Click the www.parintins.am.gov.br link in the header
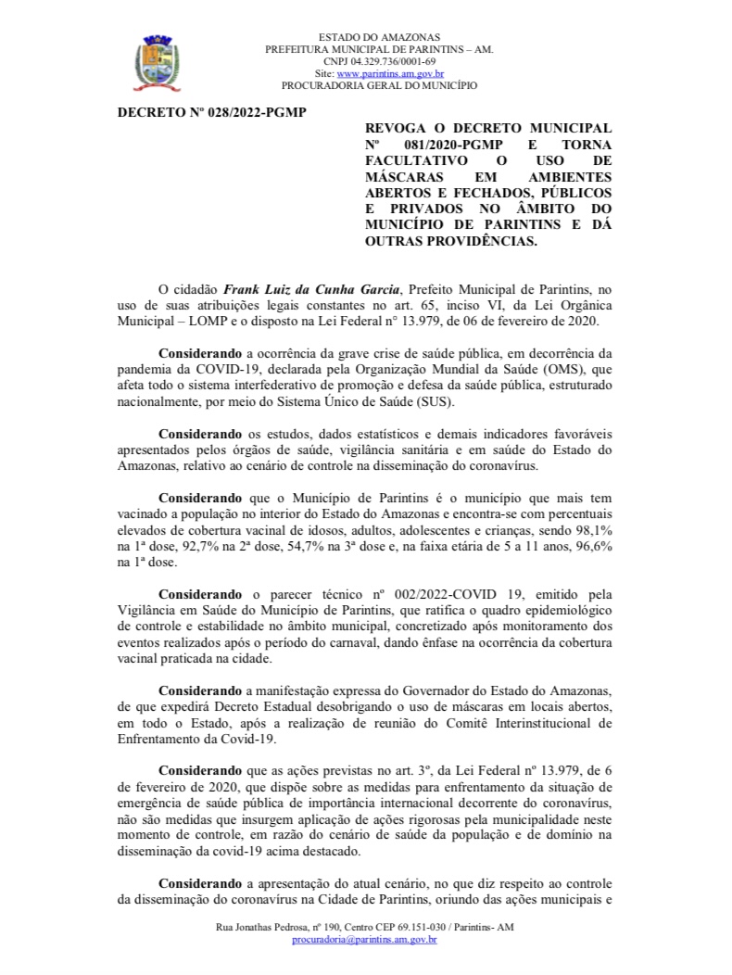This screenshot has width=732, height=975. click(390, 73)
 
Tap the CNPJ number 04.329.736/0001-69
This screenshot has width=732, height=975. click(393, 61)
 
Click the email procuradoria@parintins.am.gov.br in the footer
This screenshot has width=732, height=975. click(364, 940)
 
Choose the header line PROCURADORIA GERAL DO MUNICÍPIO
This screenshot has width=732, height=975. click(379, 85)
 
